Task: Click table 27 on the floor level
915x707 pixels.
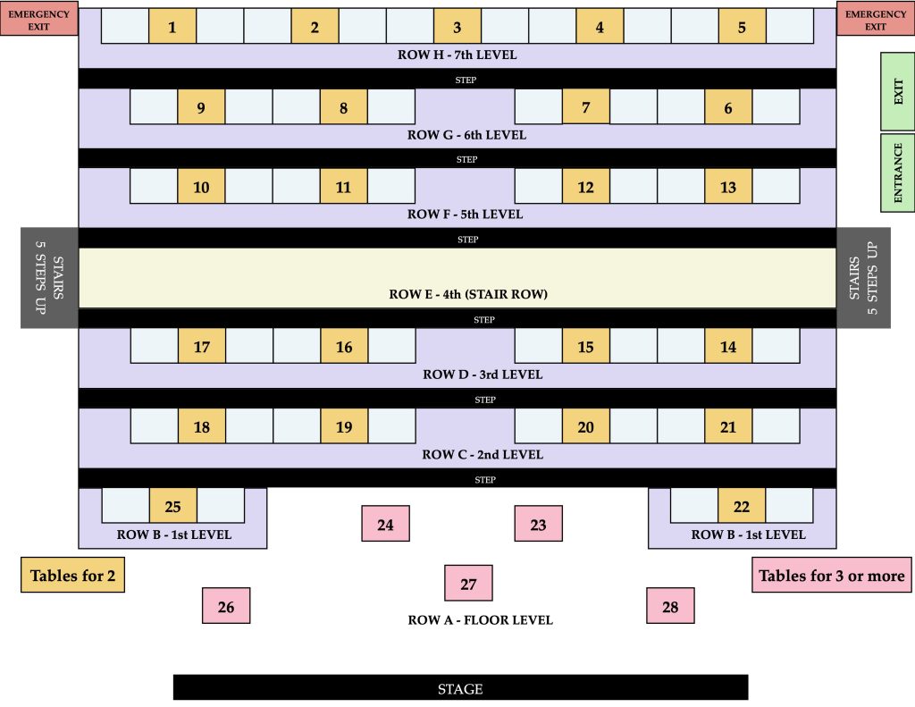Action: (x=468, y=584)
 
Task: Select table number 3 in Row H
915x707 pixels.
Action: (x=457, y=27)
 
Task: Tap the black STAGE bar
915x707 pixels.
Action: (x=460, y=688)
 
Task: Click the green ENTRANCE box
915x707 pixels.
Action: (x=897, y=173)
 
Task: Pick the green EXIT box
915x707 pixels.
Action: (x=897, y=91)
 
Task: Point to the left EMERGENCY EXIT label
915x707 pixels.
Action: (x=38, y=20)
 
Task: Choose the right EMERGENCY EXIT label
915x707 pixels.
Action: (x=875, y=20)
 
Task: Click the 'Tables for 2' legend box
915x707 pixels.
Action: (x=72, y=576)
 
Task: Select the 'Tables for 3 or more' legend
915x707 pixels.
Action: (x=831, y=576)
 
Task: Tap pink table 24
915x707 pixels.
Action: (x=385, y=524)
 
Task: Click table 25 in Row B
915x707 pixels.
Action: (x=173, y=506)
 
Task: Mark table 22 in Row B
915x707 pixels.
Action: (x=742, y=506)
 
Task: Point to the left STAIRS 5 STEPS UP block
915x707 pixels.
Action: (x=50, y=277)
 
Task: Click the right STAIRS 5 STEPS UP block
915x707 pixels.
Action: (x=863, y=277)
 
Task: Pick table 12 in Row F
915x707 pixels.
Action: (x=585, y=187)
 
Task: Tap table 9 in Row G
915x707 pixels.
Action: (x=201, y=108)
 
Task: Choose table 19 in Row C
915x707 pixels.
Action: (x=344, y=426)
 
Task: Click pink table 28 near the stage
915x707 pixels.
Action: (x=670, y=606)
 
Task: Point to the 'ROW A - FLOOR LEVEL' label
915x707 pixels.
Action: (x=480, y=619)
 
